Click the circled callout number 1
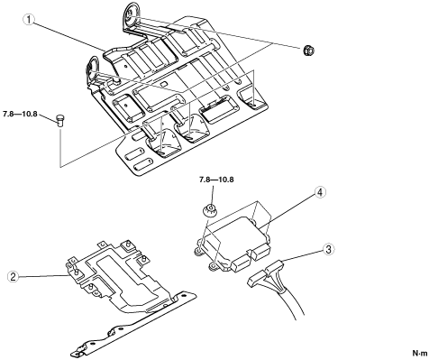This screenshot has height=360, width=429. pyautogui.click(x=29, y=20)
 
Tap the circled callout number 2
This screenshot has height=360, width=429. pyautogui.click(x=14, y=277)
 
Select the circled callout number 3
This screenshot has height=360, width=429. pyautogui.click(x=328, y=249)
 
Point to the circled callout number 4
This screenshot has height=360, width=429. pyautogui.click(x=320, y=192)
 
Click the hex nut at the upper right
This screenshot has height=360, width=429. pyautogui.click(x=308, y=51)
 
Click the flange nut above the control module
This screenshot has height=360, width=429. pyautogui.click(x=211, y=209)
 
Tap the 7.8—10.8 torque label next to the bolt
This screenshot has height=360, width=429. pyautogui.click(x=20, y=114)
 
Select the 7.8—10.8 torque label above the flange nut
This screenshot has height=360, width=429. pyautogui.click(x=216, y=180)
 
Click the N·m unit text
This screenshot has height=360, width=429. pyautogui.click(x=420, y=353)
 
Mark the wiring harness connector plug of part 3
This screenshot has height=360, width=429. pyautogui.click(x=266, y=273)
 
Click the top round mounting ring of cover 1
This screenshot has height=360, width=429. pyautogui.click(x=131, y=15)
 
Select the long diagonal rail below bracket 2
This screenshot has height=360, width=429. pyautogui.click(x=132, y=327)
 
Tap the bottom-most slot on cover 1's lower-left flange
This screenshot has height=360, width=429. pyautogui.click(x=141, y=166)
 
